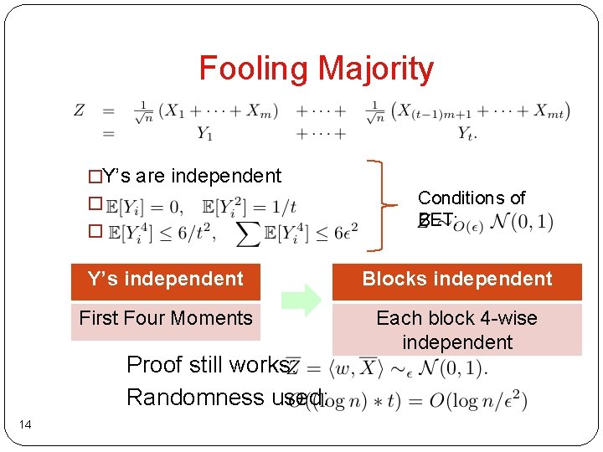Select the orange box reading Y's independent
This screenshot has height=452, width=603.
point(165,280)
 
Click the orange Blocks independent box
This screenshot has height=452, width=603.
point(456,280)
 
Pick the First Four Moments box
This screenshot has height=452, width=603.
point(165,319)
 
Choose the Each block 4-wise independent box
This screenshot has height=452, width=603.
point(456,330)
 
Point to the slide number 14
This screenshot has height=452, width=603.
point(26,426)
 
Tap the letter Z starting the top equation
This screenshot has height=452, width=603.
point(80,110)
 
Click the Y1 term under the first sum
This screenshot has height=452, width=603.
point(204,132)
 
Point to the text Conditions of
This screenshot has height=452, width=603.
point(471,198)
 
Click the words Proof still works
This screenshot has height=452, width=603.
point(208,365)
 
